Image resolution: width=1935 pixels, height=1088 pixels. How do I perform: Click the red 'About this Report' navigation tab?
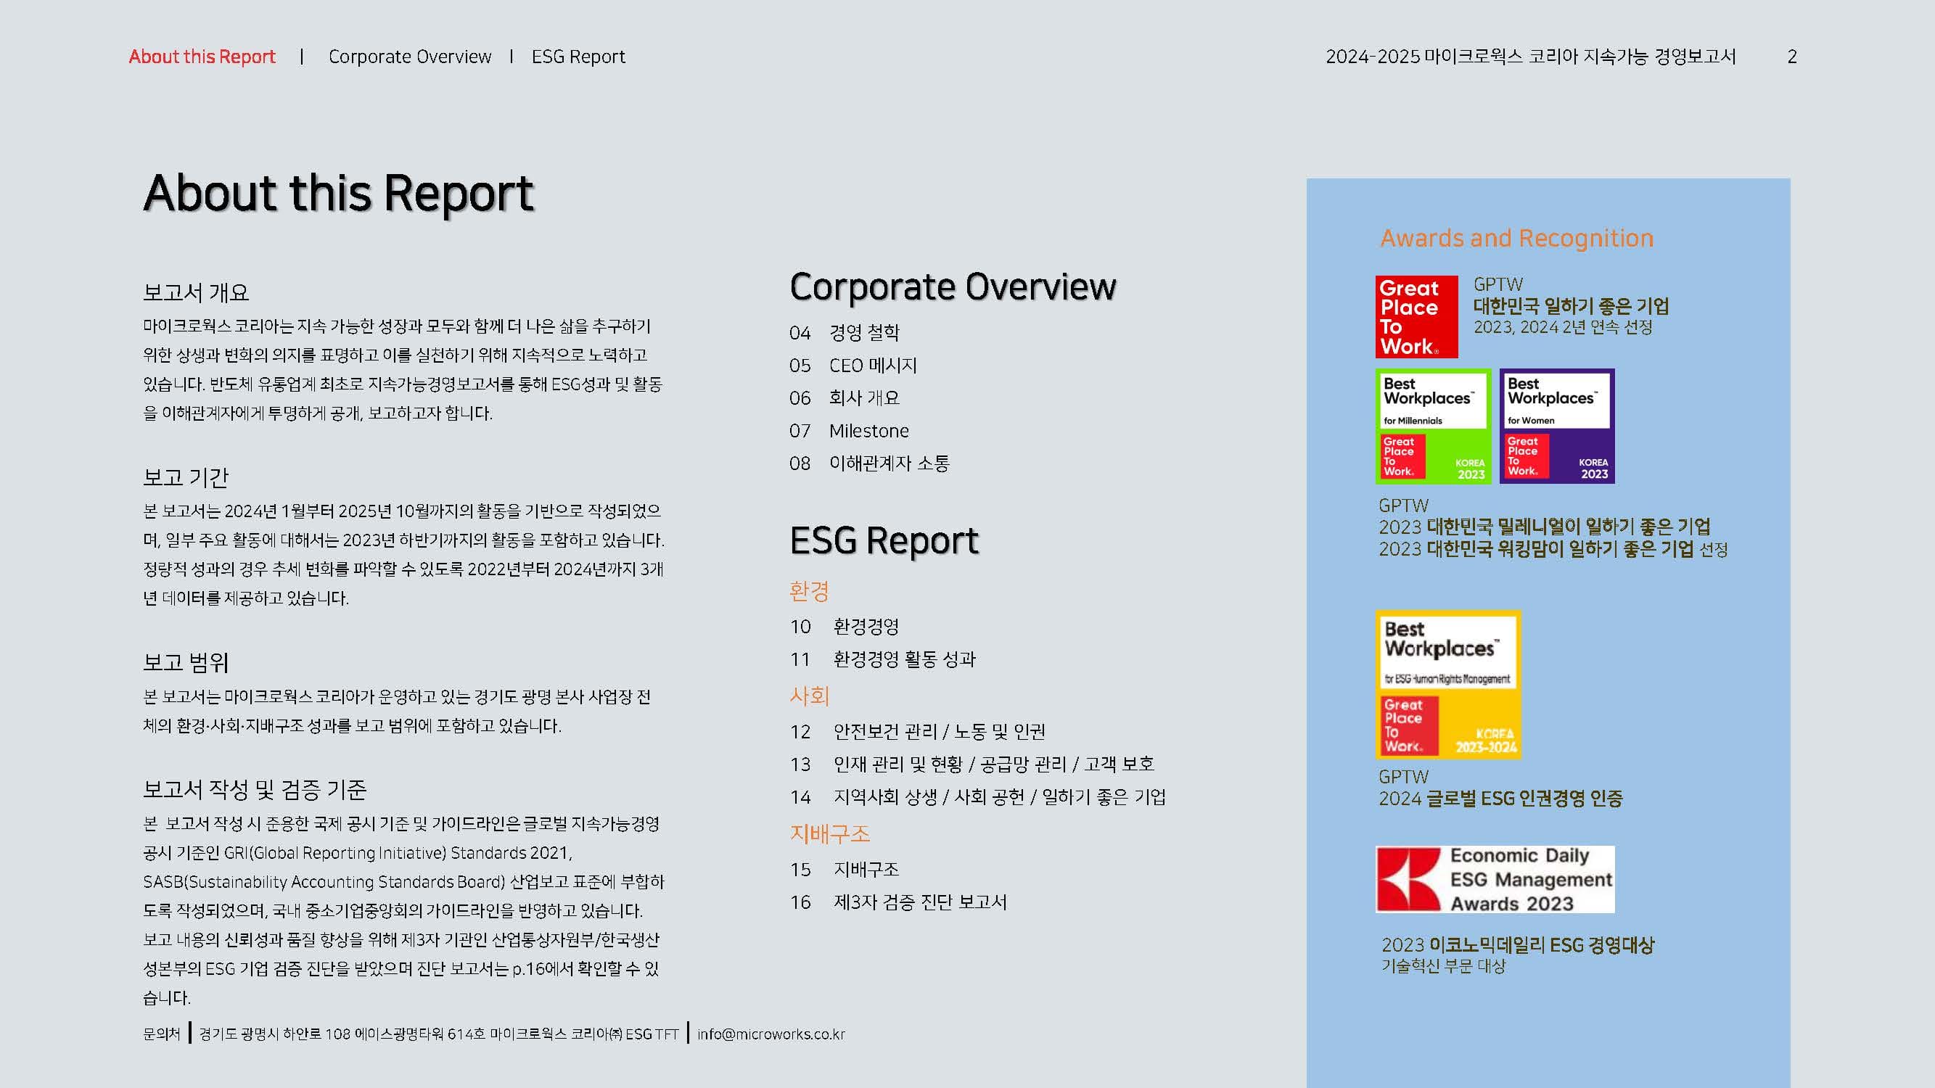202,57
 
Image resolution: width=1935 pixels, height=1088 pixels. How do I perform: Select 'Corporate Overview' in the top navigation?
409,57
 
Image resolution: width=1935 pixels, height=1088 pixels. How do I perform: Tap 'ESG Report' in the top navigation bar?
578,57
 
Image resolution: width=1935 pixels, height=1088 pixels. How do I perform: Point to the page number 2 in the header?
1791,57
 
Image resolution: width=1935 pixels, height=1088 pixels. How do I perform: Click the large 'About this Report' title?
338,193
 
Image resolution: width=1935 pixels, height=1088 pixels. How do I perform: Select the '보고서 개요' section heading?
195,292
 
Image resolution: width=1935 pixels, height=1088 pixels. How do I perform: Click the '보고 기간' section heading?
186,477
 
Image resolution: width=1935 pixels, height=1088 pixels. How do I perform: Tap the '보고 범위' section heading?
186,662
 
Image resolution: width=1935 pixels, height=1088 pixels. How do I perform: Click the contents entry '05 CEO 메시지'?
853,366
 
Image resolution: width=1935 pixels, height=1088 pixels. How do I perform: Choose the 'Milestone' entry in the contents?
868,431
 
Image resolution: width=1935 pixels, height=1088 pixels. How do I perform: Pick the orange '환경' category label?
809,591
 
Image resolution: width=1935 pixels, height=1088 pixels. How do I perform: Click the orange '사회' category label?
809,696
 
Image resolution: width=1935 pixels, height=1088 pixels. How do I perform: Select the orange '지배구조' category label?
829,833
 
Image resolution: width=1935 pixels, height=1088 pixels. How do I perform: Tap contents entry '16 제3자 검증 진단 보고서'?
897,902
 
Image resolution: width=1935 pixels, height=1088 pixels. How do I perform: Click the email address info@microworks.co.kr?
771,1034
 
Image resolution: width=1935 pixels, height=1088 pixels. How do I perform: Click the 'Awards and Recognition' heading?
1516,238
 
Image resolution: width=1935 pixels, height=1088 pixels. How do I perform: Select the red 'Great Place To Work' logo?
1416,317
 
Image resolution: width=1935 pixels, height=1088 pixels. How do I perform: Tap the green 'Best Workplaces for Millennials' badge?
1432,426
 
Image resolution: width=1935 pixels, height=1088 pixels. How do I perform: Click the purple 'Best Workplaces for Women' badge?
1556,426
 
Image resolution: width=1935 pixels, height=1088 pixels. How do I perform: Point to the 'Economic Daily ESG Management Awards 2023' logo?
1495,879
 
